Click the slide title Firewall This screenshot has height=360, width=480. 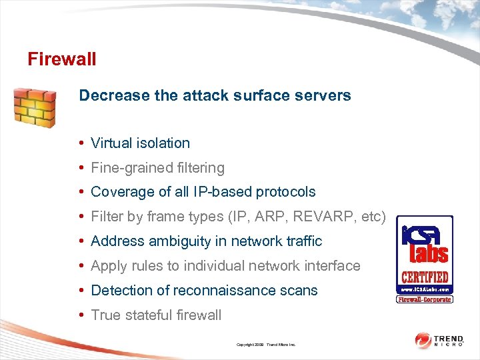click(62, 59)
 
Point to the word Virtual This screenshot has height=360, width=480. click(111, 143)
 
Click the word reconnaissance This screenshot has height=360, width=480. click(225, 291)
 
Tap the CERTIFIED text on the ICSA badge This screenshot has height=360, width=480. click(425, 277)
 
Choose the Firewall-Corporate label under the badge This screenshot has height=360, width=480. click(425, 299)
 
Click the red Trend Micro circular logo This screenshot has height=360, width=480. click(423, 341)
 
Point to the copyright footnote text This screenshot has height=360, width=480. click(266, 345)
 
